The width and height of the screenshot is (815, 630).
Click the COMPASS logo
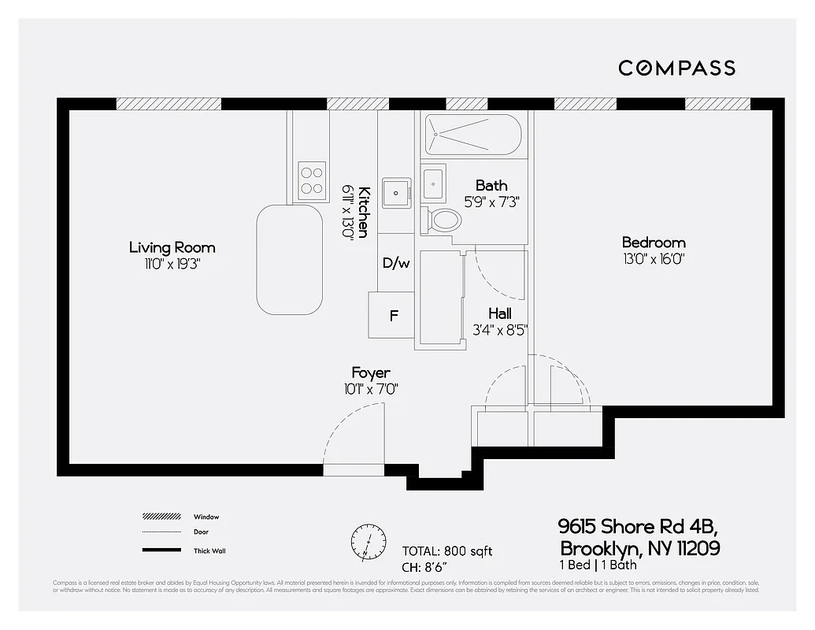(676, 68)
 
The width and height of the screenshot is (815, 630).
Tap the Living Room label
(172, 247)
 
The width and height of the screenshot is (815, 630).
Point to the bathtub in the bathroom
(472, 135)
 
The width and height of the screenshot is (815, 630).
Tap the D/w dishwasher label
(396, 263)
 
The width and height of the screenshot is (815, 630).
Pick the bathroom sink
(433, 184)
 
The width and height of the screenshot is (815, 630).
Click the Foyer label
(370, 372)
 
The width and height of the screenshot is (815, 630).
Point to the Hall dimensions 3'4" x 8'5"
(499, 330)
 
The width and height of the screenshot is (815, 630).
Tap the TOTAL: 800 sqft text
(446, 551)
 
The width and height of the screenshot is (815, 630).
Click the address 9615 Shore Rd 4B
(638, 526)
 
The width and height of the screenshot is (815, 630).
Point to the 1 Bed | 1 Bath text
(598, 565)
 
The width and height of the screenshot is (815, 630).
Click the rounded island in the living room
(289, 259)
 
